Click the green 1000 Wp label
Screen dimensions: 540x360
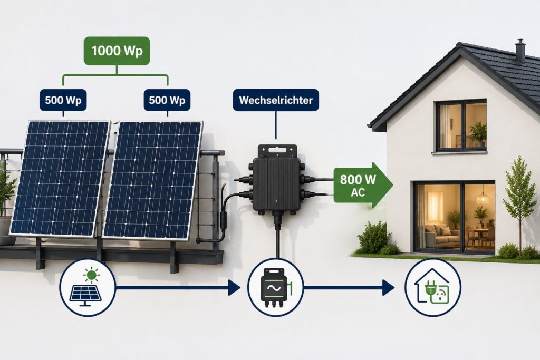(x=117, y=51)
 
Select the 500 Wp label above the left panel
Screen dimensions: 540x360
(x=63, y=100)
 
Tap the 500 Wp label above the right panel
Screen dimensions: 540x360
(x=167, y=100)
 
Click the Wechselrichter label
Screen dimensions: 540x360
(x=276, y=100)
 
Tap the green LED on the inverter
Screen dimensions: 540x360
(x=276, y=201)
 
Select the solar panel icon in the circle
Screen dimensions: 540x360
(x=87, y=287)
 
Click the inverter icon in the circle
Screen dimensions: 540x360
(x=276, y=288)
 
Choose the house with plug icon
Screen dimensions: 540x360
(x=432, y=287)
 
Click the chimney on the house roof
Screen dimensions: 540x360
(x=520, y=51)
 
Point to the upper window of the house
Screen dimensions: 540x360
(x=461, y=125)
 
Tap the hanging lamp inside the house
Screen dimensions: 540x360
(x=483, y=196)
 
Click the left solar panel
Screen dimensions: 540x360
(x=60, y=178)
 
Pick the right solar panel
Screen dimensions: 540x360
(x=152, y=180)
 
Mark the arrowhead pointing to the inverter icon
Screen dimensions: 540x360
(x=235, y=287)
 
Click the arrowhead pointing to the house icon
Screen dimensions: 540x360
(x=389, y=287)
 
